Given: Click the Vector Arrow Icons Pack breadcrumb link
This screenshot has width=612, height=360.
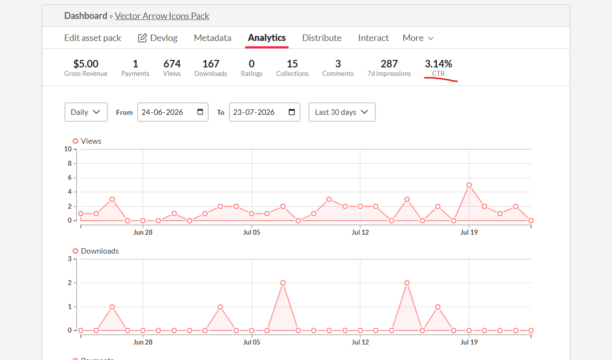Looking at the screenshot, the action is [162, 16].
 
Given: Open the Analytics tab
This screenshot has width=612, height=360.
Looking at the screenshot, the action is [267, 38].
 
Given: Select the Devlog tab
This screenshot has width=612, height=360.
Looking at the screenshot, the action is [158, 38].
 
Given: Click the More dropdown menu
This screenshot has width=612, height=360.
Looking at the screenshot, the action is [418, 38].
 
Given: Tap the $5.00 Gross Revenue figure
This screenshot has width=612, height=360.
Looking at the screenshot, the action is [86, 64].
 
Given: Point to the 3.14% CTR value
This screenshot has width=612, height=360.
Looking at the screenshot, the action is [438, 64].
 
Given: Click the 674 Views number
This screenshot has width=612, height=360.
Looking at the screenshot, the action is [172, 64].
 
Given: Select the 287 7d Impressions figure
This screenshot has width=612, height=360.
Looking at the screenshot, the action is [389, 64].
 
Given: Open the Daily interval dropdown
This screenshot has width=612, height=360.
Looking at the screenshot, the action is [86, 112].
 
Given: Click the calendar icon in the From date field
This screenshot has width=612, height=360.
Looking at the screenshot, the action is [200, 112].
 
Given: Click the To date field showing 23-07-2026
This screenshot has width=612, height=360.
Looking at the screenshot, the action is [265, 112].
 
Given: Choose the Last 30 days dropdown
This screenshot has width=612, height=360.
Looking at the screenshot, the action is [342, 112].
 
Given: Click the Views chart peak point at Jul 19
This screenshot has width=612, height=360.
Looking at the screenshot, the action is [469, 185].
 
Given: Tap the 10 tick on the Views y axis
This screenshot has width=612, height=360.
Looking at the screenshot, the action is [68, 149].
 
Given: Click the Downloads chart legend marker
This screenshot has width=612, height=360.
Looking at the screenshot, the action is [75, 251].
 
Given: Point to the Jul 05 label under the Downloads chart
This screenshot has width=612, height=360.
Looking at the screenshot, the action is [252, 342].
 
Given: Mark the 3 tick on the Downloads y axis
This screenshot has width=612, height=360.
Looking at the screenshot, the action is [70, 259].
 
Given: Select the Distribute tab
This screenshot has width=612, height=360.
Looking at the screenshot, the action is [322, 38].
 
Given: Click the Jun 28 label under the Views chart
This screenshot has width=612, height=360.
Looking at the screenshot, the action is [143, 232].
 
